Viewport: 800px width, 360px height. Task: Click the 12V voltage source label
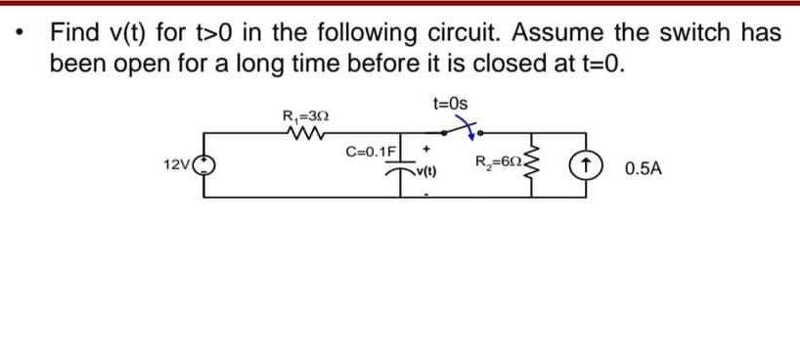(x=177, y=168)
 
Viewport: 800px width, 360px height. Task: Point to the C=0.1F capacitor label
(x=373, y=152)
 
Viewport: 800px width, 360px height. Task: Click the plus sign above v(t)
(x=427, y=152)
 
